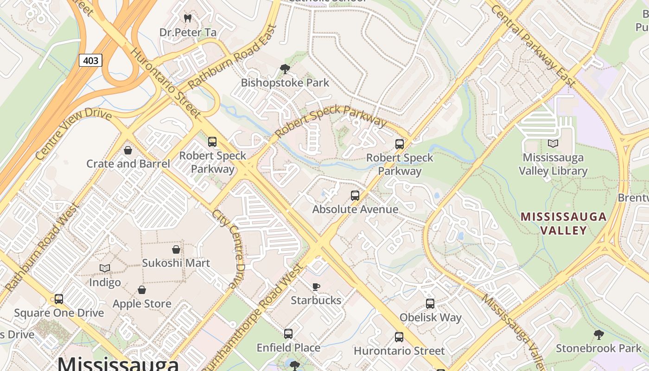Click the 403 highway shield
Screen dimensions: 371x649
pyautogui.click(x=90, y=60)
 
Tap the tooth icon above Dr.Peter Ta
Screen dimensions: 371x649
pyautogui.click(x=188, y=19)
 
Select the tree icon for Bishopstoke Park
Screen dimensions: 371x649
pyautogui.click(x=285, y=69)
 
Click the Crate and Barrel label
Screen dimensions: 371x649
pyautogui.click(x=128, y=164)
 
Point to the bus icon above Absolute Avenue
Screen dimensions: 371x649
pyautogui.click(x=355, y=196)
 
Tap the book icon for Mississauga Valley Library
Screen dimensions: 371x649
pyautogui.click(x=553, y=144)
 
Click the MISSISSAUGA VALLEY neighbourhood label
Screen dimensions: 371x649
pyautogui.click(x=563, y=223)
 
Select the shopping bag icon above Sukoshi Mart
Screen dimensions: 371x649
pyautogui.click(x=176, y=249)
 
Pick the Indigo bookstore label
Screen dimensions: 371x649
pyautogui.click(x=105, y=282)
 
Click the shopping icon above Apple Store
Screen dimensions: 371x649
pyautogui.click(x=142, y=290)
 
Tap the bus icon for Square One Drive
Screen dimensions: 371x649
pyautogui.click(x=59, y=299)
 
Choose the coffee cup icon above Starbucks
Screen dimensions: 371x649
pyautogui.click(x=316, y=287)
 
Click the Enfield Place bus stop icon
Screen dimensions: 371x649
pyautogui.click(x=288, y=334)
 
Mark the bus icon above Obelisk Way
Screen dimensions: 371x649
pyautogui.click(x=430, y=304)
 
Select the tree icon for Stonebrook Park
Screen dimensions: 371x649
pyautogui.click(x=598, y=334)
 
